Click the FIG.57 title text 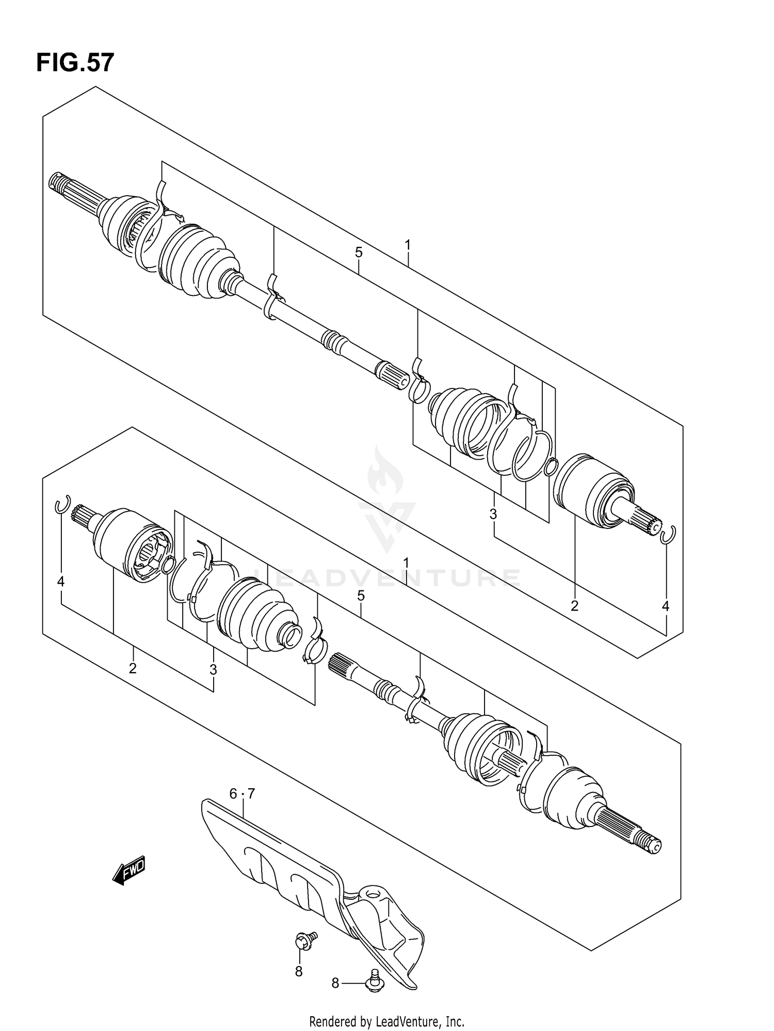(x=75, y=63)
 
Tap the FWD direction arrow (x=129, y=872)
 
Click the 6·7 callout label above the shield (x=242, y=794)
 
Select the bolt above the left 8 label (x=304, y=941)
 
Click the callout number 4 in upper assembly (x=665, y=606)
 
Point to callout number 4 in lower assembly (x=61, y=582)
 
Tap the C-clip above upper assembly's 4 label (x=668, y=535)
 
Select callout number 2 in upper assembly (x=574, y=606)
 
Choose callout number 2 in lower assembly (x=133, y=668)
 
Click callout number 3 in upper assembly (x=493, y=514)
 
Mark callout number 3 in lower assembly (x=213, y=670)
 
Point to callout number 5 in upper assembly (x=359, y=253)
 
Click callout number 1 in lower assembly (x=407, y=563)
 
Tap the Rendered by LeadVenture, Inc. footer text (x=386, y=1021)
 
